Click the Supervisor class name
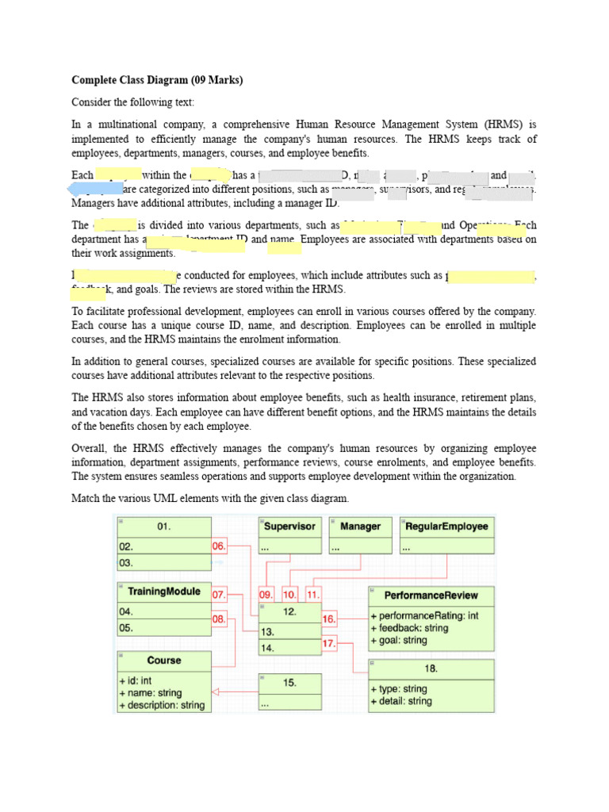tap(289, 526)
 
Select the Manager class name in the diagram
tap(360, 526)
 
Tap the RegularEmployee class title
tap(446, 526)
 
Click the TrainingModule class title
tap(164, 592)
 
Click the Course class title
tap(164, 660)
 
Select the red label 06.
tap(220, 546)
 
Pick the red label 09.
tap(267, 594)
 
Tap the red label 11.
tap(314, 594)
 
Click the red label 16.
tap(330, 618)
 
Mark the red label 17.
tap(330, 644)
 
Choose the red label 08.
tap(220, 618)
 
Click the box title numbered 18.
tap(431, 668)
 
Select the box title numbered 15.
tap(290, 682)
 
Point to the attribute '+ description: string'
tap(162, 705)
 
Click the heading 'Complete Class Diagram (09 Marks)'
tap(158, 80)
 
